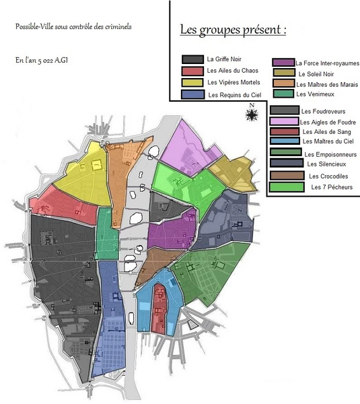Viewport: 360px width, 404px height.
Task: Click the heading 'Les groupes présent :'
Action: pos(233,31)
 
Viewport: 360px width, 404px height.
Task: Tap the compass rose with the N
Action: pos(252,114)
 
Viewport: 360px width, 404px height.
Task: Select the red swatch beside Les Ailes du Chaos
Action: pos(193,71)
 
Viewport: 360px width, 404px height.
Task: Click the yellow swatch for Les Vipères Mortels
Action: pos(193,83)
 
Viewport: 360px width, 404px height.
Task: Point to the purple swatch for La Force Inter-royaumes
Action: pos(283,63)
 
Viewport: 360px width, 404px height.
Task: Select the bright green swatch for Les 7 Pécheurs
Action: pos(284,187)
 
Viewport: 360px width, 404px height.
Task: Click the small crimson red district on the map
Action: pos(159,306)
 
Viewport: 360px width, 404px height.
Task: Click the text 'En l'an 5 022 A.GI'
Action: pos(42,60)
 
